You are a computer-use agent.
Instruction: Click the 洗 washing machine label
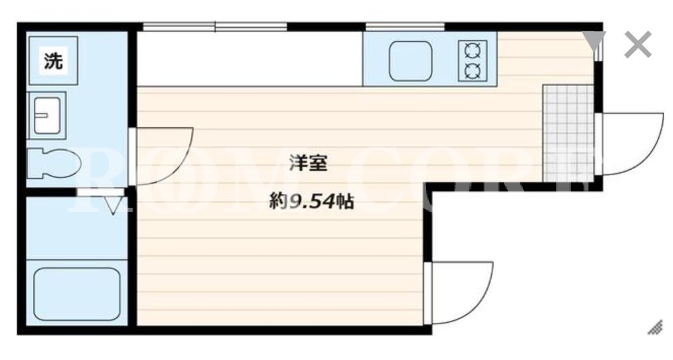53,61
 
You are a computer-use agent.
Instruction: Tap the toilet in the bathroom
53,164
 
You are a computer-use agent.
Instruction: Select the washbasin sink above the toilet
47,115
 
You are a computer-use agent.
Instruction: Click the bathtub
77,294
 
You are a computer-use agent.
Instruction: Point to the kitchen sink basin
411,61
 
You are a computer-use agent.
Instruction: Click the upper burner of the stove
473,51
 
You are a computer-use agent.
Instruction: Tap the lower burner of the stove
473,70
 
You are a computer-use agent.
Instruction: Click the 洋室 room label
308,163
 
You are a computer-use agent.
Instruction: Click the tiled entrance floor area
568,133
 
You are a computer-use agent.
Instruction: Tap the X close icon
638,44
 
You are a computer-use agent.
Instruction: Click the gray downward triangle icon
595,41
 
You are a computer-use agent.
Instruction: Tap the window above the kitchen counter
404,26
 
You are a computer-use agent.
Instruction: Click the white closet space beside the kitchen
250,59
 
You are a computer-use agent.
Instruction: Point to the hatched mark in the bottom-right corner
655,328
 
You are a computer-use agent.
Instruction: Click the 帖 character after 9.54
345,201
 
